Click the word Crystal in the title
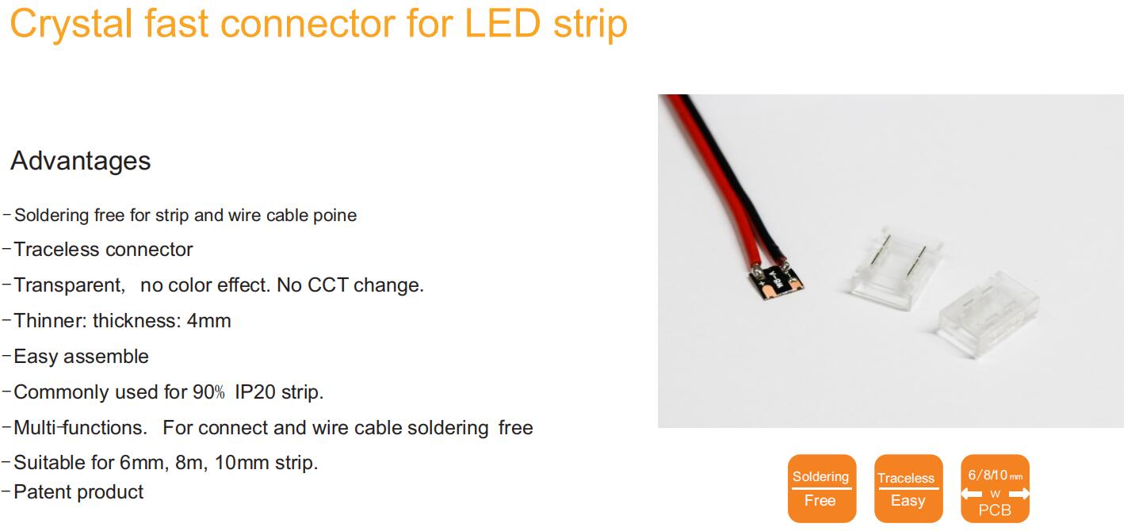71,25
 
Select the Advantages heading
81,161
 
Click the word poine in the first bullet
335,216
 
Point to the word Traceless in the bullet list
56,250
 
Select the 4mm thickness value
208,321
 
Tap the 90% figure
208,392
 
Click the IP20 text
255,392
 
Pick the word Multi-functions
80,428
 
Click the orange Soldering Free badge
822,488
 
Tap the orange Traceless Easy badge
908,488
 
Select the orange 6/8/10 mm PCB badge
995,488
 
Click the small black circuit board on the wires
776,281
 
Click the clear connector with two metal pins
895,269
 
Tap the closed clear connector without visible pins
988,315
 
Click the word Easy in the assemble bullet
36,357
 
